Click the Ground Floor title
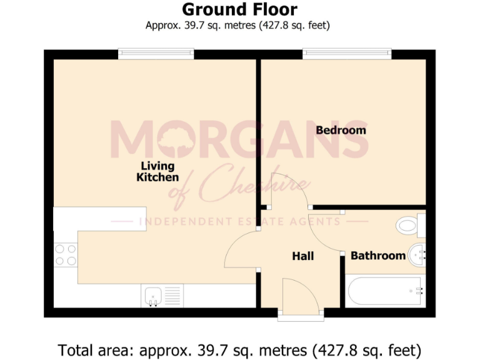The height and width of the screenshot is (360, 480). point(239,9)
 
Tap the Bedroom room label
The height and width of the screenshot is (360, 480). point(341,130)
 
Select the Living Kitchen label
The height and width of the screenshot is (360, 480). point(157,172)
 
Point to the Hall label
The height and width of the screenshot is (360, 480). point(303,256)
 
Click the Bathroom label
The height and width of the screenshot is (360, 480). point(378,256)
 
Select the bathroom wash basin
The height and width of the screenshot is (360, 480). point(416,254)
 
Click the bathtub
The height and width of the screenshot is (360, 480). point(386,291)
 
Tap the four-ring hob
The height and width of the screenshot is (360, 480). point(65,255)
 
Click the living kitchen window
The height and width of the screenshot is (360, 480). point(156,54)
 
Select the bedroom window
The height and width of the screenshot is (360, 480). point(347,54)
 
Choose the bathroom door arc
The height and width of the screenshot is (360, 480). point(325,231)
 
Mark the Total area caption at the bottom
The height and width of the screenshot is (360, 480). point(239,348)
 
